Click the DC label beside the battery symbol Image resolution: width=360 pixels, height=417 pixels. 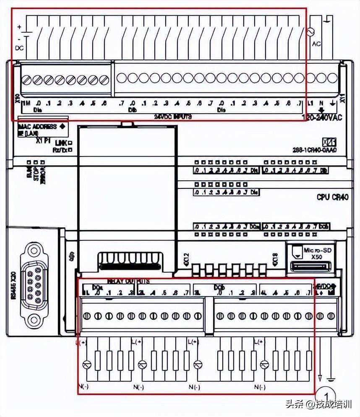[x=19, y=48]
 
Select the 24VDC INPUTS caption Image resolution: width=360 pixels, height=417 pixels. [x=173, y=117]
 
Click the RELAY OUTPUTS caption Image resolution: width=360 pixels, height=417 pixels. [x=128, y=281]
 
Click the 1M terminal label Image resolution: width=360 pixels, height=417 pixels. [x=26, y=103]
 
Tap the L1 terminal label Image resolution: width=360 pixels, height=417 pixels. [x=311, y=103]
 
